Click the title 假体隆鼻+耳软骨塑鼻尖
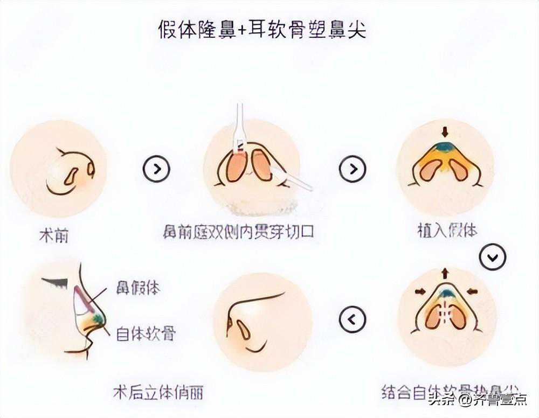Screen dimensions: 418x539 262,29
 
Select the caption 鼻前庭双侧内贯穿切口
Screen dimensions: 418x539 238,232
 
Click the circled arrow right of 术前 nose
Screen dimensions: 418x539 156,169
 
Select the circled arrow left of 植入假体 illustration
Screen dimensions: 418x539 353,169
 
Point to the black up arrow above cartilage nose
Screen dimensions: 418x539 445,274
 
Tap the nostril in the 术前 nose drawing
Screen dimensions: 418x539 72,176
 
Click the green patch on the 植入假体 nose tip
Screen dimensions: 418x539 445,147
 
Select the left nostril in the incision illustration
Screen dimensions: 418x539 235,166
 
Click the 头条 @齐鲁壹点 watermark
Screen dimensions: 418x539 478,400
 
